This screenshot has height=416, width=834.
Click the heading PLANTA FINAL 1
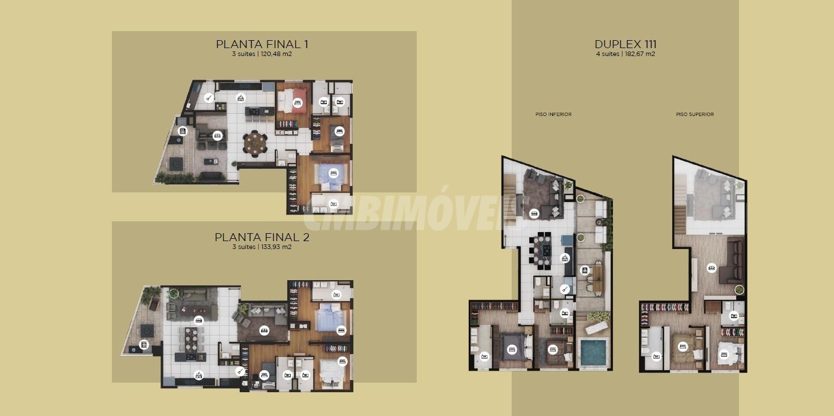pos(262,44)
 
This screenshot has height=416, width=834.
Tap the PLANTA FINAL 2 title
pos(262,238)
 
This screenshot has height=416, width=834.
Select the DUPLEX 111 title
pos(625,44)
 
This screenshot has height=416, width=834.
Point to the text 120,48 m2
pos(276,54)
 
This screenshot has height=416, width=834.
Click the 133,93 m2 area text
pos(276,247)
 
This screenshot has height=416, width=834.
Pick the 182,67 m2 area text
pos(639,54)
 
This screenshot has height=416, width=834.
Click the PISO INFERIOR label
pos(554,114)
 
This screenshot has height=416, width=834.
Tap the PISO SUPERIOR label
pos(695,114)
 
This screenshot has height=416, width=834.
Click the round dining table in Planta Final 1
pos(255,144)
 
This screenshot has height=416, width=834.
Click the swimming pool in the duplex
pos(594,352)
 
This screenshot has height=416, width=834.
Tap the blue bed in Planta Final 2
pos(330,318)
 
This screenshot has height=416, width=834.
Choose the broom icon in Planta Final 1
pos(209,98)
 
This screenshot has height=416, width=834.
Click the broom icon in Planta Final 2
pos(240,371)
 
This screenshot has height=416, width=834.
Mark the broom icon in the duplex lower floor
pos(565,289)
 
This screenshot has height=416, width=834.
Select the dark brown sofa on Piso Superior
pos(732,261)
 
